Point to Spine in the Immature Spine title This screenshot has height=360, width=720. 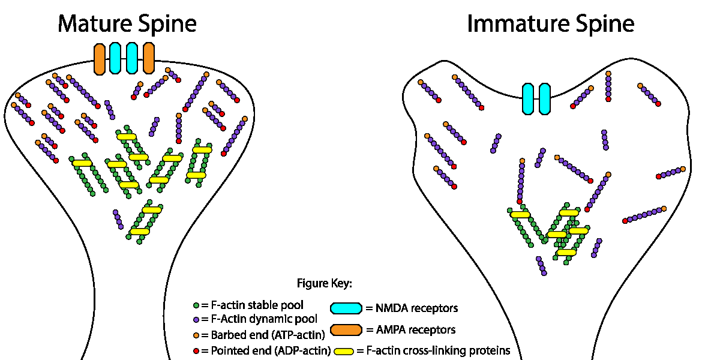tap(602, 24)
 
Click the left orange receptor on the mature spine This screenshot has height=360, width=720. tap(100, 58)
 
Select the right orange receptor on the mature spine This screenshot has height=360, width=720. tap(149, 58)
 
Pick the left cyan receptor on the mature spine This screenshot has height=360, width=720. tap(116, 58)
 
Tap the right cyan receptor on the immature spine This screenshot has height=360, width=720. tap(545, 99)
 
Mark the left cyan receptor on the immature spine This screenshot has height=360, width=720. tap(528, 99)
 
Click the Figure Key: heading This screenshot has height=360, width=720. tap(325, 283)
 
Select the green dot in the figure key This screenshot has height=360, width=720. tap(197, 306)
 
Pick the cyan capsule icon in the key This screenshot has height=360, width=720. tap(346, 308)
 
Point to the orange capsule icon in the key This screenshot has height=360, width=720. tap(346, 329)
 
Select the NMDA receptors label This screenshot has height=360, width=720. tap(417, 308)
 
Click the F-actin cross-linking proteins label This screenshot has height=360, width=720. tap(437, 350)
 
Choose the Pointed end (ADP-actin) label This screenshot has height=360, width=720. tap(270, 350)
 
